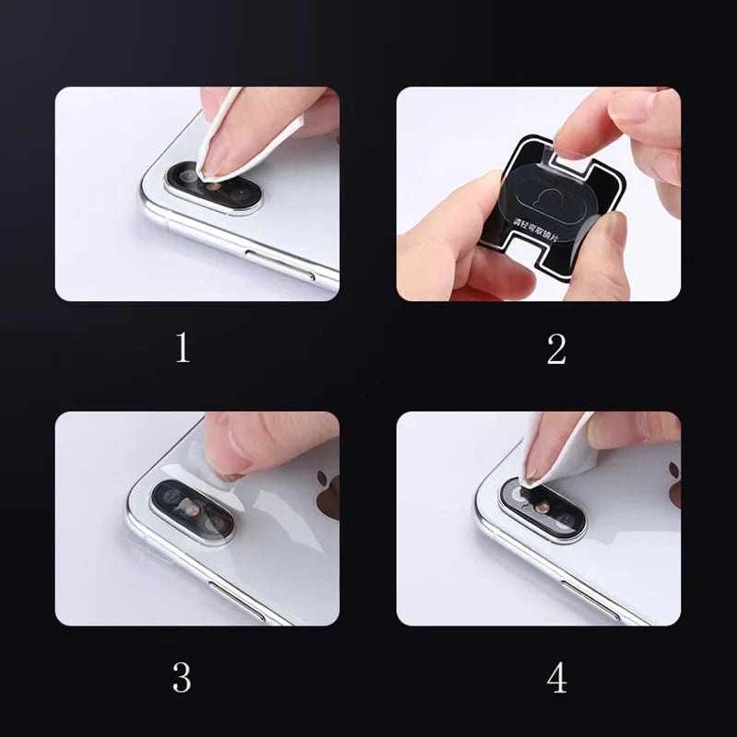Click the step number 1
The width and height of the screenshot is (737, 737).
coord(182,348)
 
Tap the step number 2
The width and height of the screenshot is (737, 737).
coord(556,348)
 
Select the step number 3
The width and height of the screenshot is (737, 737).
coord(182,677)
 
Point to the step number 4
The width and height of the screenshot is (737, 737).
coord(556,677)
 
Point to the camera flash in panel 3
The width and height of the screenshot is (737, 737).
coord(192,509)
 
